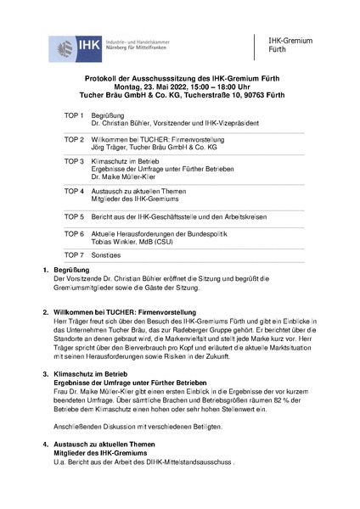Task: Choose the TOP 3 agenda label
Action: (74, 160)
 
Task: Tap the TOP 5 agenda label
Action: (74, 216)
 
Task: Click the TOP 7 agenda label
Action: (74, 255)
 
